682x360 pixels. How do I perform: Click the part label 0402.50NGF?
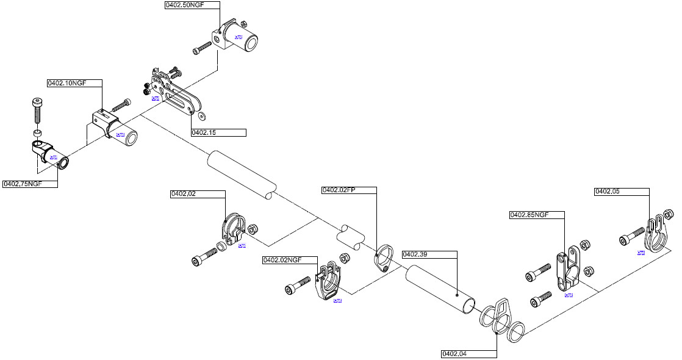coord(184,5)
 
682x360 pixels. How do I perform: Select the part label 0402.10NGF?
coord(66,83)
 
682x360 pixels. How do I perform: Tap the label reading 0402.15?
coord(204,132)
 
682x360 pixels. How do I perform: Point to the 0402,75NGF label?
coord(23,184)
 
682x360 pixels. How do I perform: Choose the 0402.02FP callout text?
coord(339,190)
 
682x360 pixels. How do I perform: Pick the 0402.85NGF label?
coord(529,215)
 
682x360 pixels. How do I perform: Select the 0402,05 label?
coord(607,192)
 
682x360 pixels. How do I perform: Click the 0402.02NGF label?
coord(282,260)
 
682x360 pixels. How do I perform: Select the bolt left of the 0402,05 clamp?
coord(631,237)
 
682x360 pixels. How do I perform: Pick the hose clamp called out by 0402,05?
coord(655,234)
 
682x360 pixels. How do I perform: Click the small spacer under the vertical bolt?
coord(38,133)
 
